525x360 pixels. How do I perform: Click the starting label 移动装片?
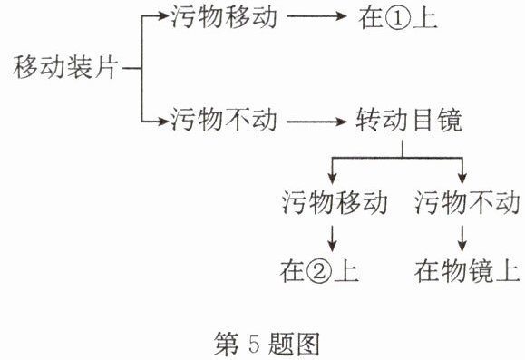click(x=65, y=68)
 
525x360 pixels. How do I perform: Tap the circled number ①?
click(x=398, y=18)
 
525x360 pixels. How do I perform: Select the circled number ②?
click(x=319, y=271)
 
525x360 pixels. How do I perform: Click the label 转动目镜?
click(x=409, y=120)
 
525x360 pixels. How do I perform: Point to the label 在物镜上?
click(x=467, y=271)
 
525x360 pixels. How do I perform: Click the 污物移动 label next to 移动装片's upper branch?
click(x=224, y=16)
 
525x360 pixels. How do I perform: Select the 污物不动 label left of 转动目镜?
click(x=224, y=120)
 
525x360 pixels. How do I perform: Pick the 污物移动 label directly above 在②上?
click(x=335, y=202)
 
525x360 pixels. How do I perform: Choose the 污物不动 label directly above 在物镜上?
click(x=467, y=202)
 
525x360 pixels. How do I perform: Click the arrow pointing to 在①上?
click(x=316, y=16)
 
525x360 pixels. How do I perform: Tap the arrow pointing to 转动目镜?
click(x=316, y=122)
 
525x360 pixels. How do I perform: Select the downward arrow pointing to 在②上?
click(x=332, y=238)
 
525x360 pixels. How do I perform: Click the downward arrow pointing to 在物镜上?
click(x=462, y=238)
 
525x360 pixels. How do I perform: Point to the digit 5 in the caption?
click(x=254, y=344)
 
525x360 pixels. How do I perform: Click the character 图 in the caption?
click(x=306, y=344)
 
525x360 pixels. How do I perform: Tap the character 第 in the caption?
click(x=227, y=344)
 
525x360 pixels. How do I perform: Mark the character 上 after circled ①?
click(x=424, y=18)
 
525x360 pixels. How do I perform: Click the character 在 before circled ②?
click(x=293, y=271)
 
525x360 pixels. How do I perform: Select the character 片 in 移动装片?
click(x=106, y=68)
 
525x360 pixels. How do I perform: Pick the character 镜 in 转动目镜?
click(x=450, y=120)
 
